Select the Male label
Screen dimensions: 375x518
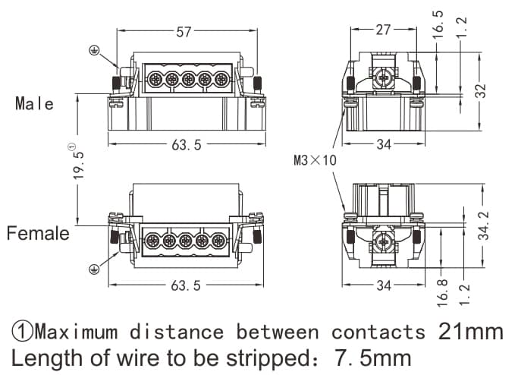coord(35,104)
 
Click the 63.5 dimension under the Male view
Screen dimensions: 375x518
coord(187,144)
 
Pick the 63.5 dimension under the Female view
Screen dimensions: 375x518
coord(187,285)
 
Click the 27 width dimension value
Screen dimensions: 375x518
coord(384,30)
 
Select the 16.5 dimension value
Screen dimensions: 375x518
coord(439,25)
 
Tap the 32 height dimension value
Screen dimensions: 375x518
coord(480,90)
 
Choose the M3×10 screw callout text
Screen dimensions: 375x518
coord(314,160)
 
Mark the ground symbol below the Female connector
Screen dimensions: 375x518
coord(95,268)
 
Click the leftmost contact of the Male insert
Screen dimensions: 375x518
coord(154,79)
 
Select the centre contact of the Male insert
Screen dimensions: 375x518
coord(187,79)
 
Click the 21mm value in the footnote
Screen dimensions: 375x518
coord(470,332)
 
